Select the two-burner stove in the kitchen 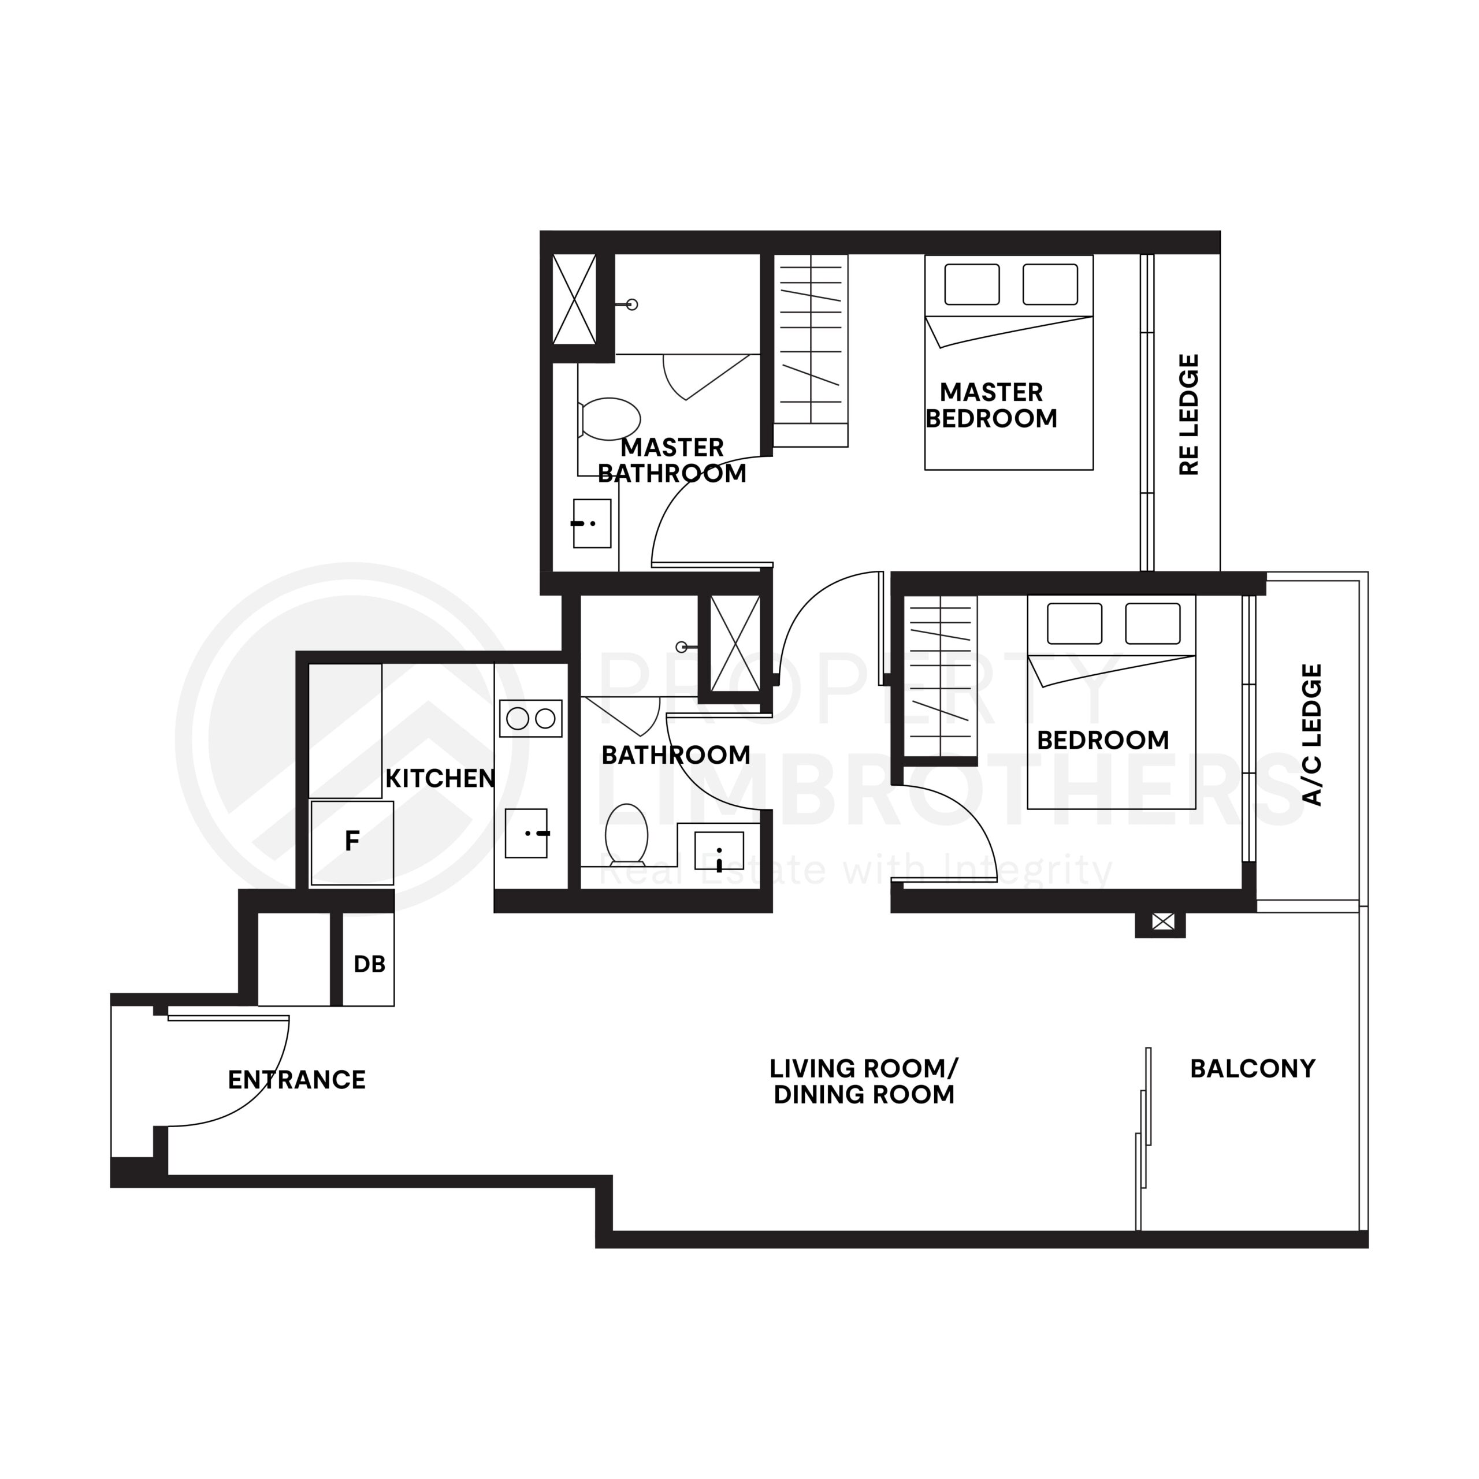point(530,719)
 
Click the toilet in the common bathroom point(627,834)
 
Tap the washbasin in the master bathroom point(592,523)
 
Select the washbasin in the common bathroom point(719,851)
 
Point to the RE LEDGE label point(1188,414)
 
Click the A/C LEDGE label point(1312,735)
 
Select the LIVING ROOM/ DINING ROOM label point(864,1082)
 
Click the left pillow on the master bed point(971,284)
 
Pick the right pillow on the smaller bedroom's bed point(1152,623)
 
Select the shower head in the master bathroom point(631,304)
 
